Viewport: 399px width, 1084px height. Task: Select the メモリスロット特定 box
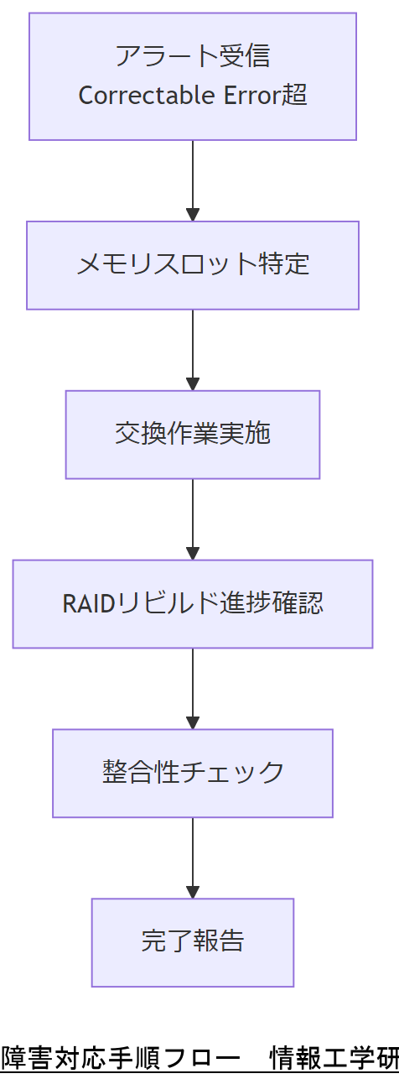click(x=192, y=265)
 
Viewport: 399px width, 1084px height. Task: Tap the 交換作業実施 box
click(x=192, y=435)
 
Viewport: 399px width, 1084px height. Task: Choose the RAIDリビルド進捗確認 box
click(x=192, y=604)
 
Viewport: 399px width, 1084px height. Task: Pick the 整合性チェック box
click(x=192, y=773)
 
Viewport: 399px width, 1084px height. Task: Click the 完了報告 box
click(x=192, y=942)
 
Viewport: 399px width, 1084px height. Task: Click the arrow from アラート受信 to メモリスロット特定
click(x=193, y=180)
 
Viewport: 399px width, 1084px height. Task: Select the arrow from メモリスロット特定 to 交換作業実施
click(x=193, y=349)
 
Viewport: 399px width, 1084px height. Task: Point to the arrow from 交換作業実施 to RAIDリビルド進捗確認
click(x=193, y=519)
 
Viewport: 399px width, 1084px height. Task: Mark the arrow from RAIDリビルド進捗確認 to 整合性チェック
click(x=193, y=688)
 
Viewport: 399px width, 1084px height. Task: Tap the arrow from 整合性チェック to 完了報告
click(x=193, y=857)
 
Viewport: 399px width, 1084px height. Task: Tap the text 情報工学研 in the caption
click(x=334, y=1059)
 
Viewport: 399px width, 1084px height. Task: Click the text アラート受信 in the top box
click(x=193, y=56)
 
